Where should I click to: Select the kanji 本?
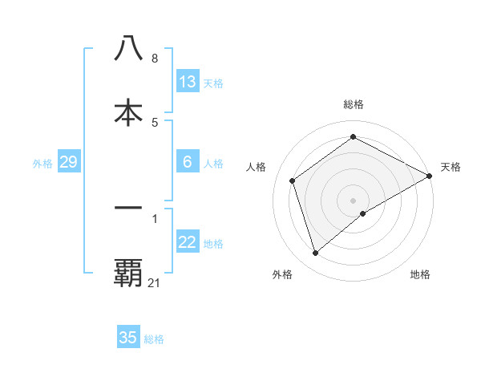(x=128, y=112)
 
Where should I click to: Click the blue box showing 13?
(x=187, y=81)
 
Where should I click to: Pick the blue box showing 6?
(x=187, y=162)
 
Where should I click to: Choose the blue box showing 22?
(x=187, y=242)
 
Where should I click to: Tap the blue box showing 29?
(x=68, y=162)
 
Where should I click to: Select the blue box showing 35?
(x=128, y=338)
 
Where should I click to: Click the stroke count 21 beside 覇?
(x=155, y=283)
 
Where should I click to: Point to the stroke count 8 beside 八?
(x=154, y=59)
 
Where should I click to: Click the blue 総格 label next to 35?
(x=154, y=339)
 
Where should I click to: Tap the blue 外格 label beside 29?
(x=42, y=164)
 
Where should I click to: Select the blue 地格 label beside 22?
(x=213, y=244)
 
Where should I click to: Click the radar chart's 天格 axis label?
(x=451, y=167)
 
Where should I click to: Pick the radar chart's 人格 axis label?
(x=257, y=167)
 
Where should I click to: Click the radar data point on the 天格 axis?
(x=430, y=176)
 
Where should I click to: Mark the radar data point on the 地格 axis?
(x=363, y=213)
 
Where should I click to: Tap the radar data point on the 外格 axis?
(x=315, y=253)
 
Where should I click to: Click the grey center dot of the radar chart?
(x=354, y=200)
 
